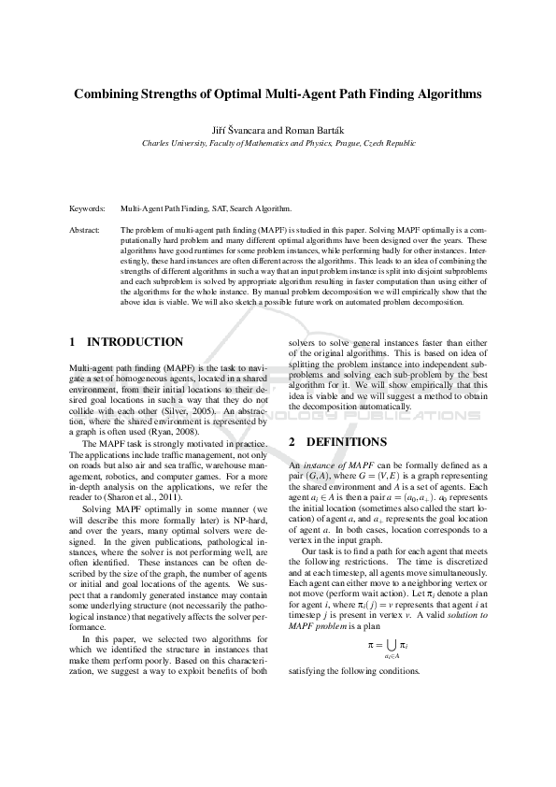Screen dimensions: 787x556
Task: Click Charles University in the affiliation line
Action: (x=175, y=144)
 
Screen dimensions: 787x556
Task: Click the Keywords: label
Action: (x=88, y=208)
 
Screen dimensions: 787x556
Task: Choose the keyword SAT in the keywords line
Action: (x=224, y=208)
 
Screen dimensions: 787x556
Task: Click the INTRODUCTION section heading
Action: (x=135, y=342)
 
